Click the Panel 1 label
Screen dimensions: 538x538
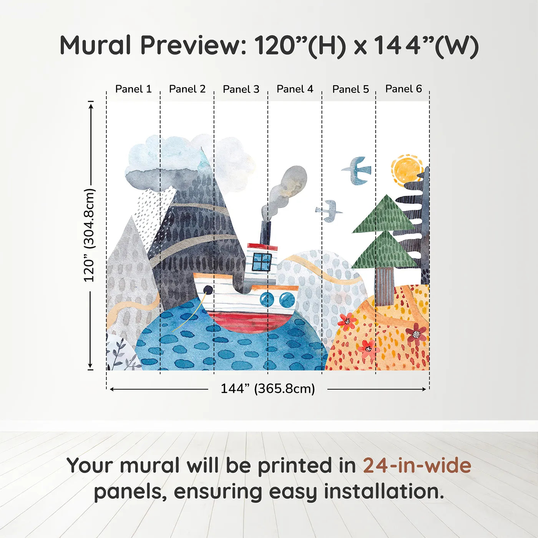tap(133, 89)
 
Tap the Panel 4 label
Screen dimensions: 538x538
tap(295, 89)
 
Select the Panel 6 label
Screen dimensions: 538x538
tap(403, 89)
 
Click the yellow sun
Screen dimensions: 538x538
tap(407, 169)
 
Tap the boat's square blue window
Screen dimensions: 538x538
tap(262, 262)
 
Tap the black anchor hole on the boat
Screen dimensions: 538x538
tap(208, 290)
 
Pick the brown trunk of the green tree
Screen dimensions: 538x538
tap(385, 286)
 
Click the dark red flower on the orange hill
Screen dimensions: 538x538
tap(416, 334)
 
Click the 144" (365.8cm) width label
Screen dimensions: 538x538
tap(267, 389)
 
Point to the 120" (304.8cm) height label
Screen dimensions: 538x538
tap(89, 235)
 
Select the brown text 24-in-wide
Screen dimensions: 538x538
tap(417, 466)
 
